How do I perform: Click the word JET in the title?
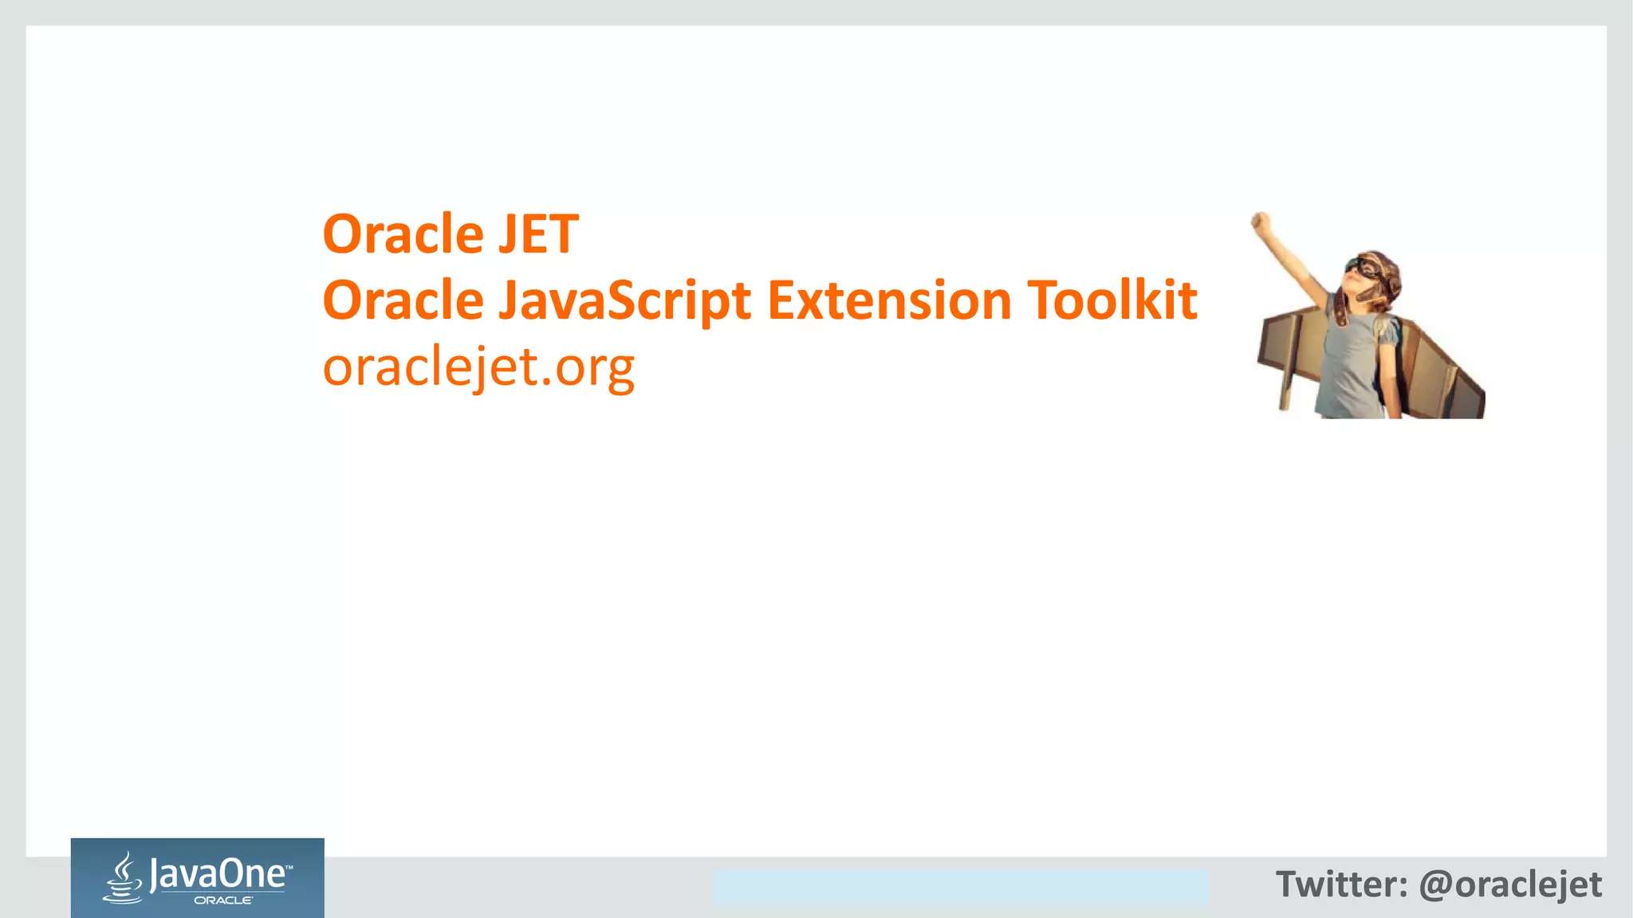538,234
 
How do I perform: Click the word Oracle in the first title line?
403,234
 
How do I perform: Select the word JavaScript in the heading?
624,301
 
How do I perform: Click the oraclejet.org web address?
478,368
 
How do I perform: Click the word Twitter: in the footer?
1341,885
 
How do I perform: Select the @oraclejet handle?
1510,885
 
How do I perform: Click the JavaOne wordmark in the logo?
217,874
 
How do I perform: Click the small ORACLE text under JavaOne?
223,900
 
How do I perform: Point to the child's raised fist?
1260,222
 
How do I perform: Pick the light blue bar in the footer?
960,887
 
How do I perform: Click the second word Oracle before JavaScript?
403,301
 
